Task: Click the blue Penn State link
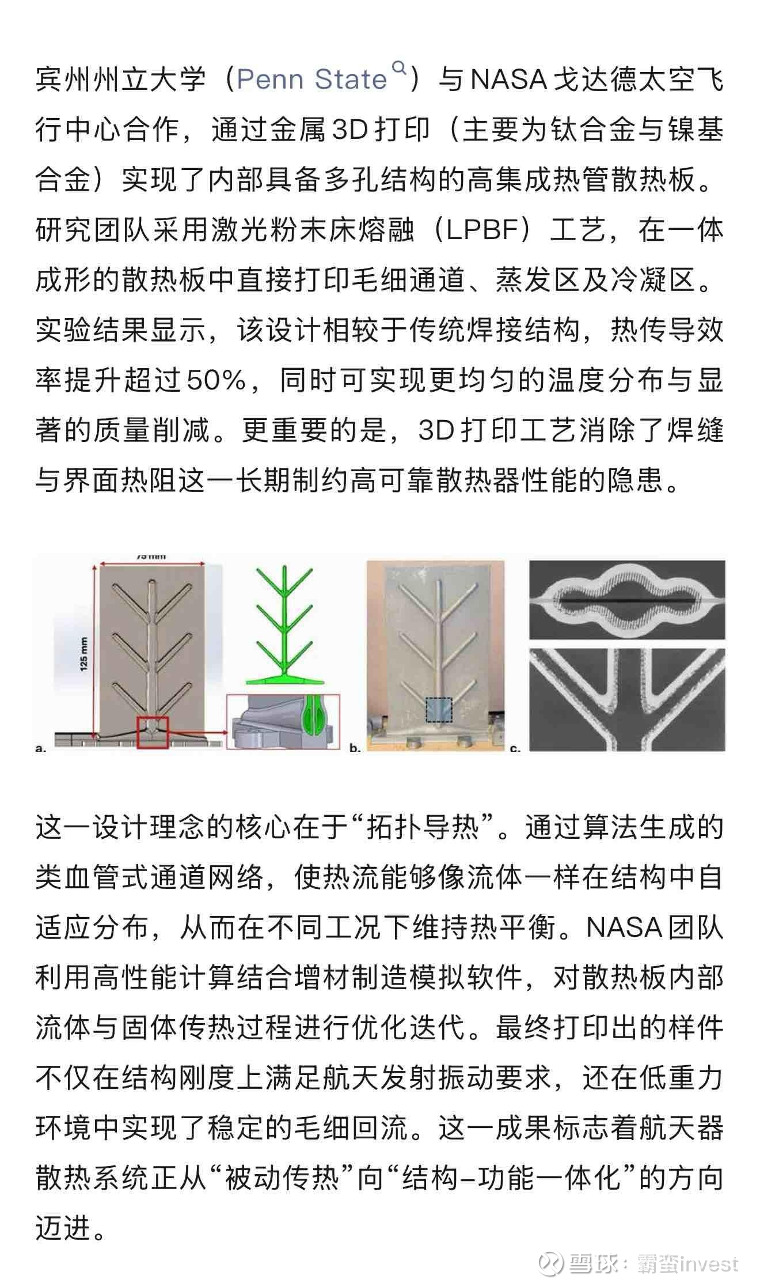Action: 311,80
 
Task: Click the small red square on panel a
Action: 152,732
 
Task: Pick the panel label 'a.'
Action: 40,748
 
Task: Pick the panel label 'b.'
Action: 355,748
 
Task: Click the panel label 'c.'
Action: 515,748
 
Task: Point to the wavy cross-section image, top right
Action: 626,599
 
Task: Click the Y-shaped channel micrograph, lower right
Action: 626,699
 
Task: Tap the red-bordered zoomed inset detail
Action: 283,721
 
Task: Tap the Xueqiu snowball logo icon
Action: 550,1263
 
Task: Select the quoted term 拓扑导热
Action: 423,828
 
